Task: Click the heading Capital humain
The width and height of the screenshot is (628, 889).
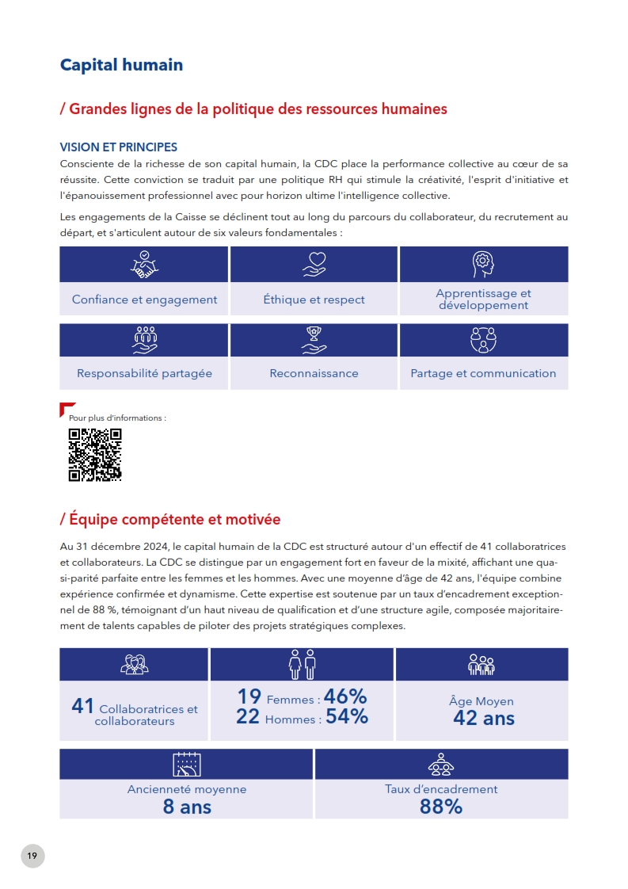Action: [x=121, y=65]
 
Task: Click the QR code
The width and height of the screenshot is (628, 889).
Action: [x=94, y=455]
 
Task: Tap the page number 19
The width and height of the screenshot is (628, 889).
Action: [x=32, y=855]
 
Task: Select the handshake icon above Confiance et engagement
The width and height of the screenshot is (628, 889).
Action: [x=144, y=265]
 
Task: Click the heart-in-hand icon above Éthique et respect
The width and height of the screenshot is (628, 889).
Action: [x=314, y=265]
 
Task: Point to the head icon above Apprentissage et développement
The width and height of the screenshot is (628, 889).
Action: [x=483, y=264]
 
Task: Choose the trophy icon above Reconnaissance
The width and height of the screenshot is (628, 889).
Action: [x=314, y=340]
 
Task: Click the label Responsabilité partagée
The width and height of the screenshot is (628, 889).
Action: [x=144, y=373]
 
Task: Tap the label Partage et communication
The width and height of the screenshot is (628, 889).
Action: [x=483, y=373]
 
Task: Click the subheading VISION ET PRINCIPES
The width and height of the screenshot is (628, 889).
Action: [x=119, y=147]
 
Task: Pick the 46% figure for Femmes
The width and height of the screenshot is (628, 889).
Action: [x=345, y=696]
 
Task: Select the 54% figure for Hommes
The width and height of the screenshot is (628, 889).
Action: [x=346, y=716]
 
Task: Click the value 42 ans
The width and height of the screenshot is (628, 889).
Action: [x=483, y=719]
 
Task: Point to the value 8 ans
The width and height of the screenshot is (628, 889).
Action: [x=187, y=807]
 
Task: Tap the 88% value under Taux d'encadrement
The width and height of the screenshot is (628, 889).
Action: [x=441, y=807]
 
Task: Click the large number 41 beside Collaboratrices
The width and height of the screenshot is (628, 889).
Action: [x=82, y=706]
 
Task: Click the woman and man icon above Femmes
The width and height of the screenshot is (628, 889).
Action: [x=303, y=664]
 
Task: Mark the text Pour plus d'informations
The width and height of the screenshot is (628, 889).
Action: [x=117, y=418]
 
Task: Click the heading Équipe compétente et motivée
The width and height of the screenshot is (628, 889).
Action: [x=170, y=520]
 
